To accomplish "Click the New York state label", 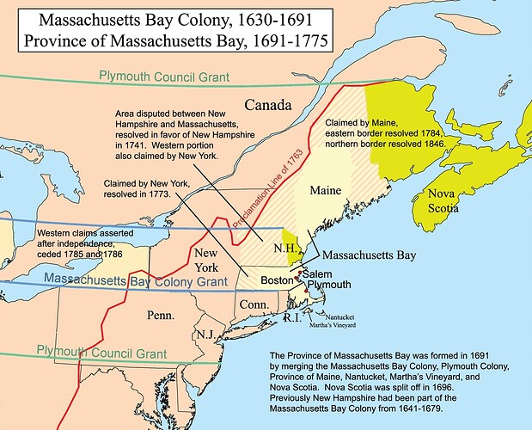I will [209, 261].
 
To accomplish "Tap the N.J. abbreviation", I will [205, 334].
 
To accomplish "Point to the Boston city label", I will [277, 279].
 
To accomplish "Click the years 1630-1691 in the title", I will [256, 17].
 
